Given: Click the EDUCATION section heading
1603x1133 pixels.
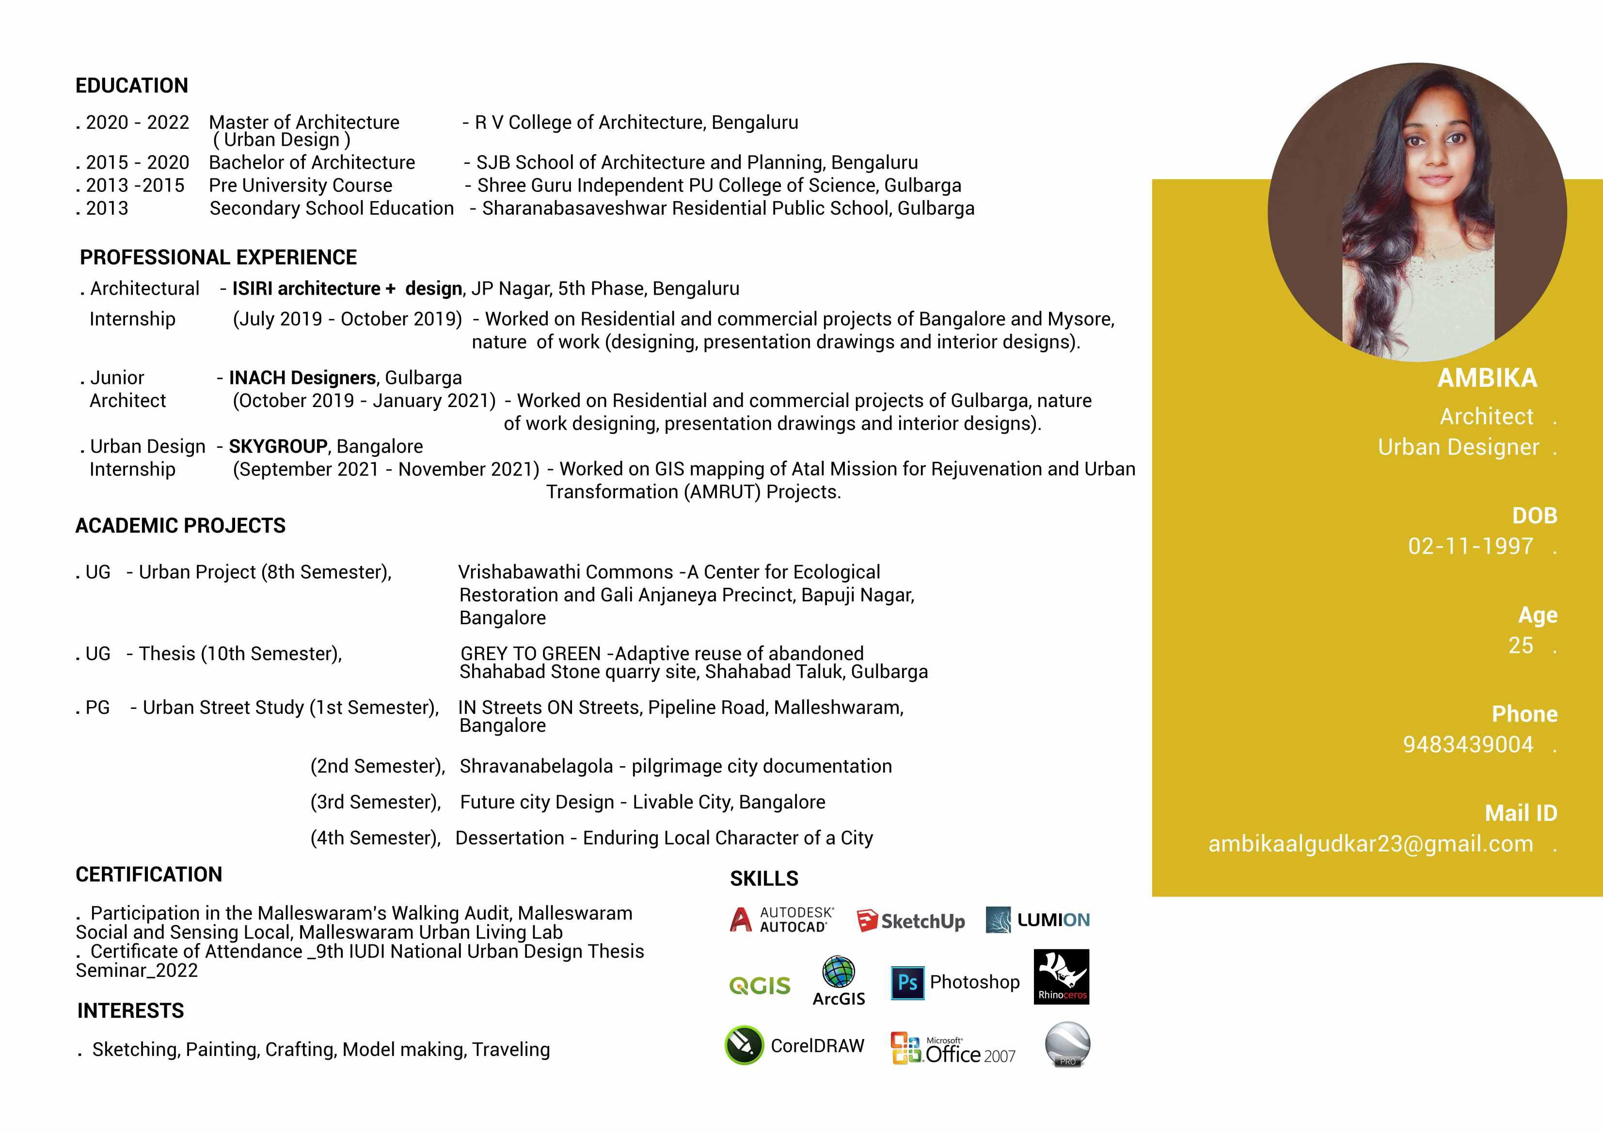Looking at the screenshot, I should (131, 85).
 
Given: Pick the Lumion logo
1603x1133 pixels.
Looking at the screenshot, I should (1037, 920).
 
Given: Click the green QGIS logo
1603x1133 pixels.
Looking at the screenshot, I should (760, 985).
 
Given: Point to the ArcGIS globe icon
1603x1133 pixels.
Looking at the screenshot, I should (839, 972).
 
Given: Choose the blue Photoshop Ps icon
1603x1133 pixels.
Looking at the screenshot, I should (907, 982).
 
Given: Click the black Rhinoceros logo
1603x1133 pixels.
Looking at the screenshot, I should (1061, 976).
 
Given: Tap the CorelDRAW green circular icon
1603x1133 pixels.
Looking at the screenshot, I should (744, 1044).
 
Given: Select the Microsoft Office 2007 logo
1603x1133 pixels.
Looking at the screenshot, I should (953, 1049).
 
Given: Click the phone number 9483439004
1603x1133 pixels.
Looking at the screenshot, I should (1468, 744).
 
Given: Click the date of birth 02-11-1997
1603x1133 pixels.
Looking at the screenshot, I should (1470, 546).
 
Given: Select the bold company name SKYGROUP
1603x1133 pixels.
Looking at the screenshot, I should (278, 446).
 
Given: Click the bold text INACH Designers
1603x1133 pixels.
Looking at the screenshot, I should (302, 378).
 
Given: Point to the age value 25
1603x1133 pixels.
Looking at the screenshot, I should (1521, 645).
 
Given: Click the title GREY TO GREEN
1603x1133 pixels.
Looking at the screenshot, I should (531, 653).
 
